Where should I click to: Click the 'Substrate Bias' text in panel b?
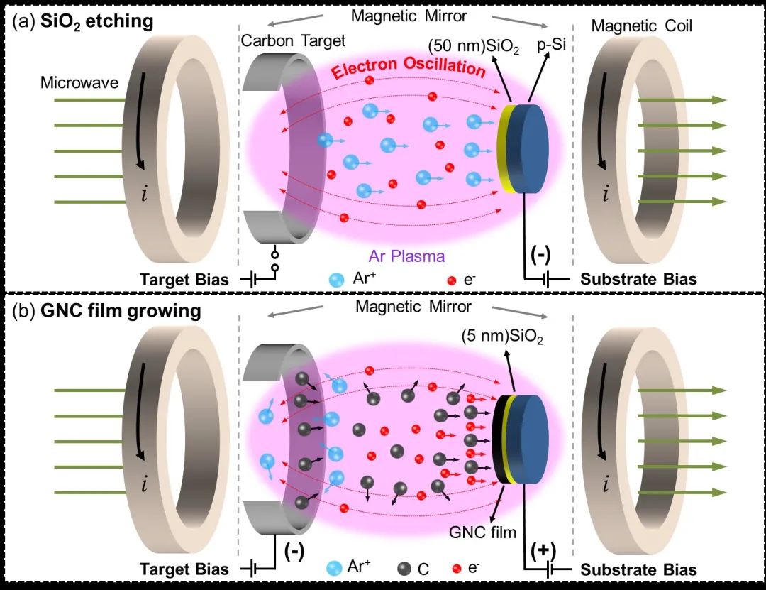[x=638, y=569]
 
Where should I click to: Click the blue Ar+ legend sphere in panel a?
[x=335, y=279]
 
